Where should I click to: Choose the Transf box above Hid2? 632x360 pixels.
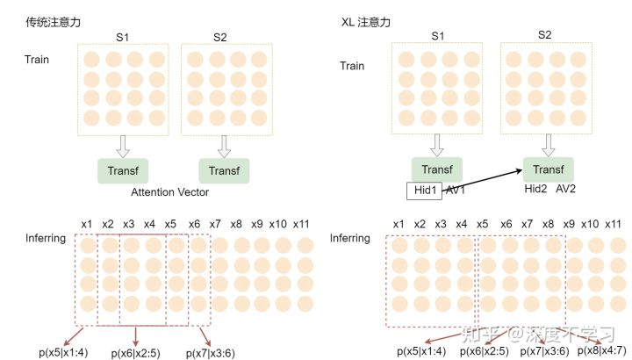pyautogui.click(x=548, y=169)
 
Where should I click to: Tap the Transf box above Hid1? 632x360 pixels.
pyautogui.click(x=437, y=169)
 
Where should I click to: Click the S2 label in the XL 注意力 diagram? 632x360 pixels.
pyautogui.click(x=545, y=36)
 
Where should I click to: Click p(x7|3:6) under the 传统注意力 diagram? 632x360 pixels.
pyautogui.click(x=212, y=352)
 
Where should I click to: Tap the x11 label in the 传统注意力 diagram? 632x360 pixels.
pyautogui.click(x=300, y=223)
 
